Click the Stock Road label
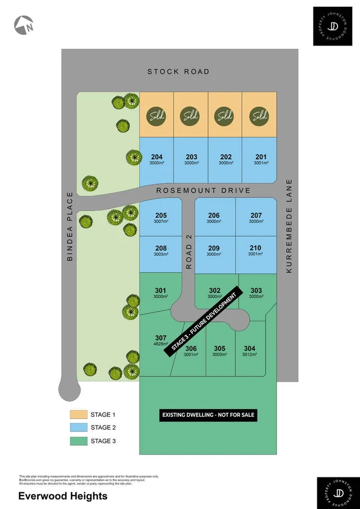178,71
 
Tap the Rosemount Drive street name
203,191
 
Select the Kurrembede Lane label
289,226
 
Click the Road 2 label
189,251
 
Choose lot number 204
157,157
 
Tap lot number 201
260,157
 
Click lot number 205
161,215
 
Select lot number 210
255,248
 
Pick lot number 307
161,337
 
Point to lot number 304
249,348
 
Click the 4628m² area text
161,344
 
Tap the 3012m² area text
249,355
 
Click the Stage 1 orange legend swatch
78,415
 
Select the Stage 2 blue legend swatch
78,427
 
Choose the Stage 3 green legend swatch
78,441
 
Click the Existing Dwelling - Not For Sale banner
208,416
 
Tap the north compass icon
24,24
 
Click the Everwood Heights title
55,496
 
